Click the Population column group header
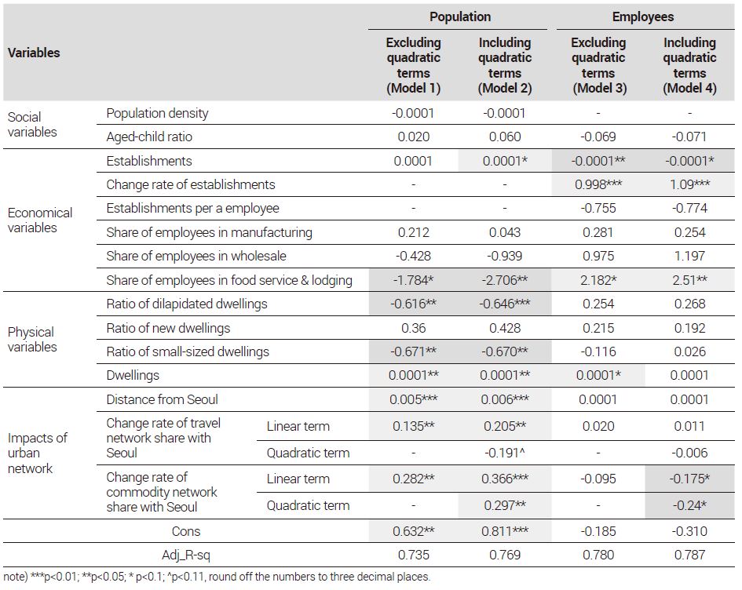point(460,17)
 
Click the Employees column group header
point(642,17)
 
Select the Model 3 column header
point(598,65)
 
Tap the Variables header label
point(34,53)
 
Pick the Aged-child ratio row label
point(149,137)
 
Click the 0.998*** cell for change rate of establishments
point(598,184)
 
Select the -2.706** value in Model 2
point(504,280)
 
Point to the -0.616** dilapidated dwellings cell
point(413,304)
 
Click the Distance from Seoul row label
point(162,399)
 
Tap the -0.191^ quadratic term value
point(504,453)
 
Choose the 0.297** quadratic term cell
point(504,505)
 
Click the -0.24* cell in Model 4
point(689,505)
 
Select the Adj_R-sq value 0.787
point(689,555)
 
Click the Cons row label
point(186,531)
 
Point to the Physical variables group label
point(32,340)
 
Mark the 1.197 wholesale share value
point(689,256)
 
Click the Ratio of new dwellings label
point(168,328)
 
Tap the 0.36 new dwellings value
point(413,328)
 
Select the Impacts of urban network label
point(38,453)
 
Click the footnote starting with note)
point(217,577)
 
